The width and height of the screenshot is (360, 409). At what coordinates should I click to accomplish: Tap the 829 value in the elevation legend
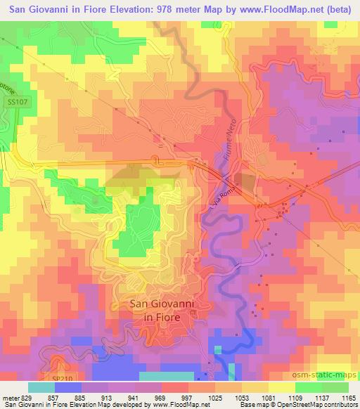(27, 397)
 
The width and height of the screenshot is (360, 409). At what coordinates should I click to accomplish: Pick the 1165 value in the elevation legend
(348, 397)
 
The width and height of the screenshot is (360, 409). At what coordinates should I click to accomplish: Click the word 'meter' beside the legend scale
(10, 397)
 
